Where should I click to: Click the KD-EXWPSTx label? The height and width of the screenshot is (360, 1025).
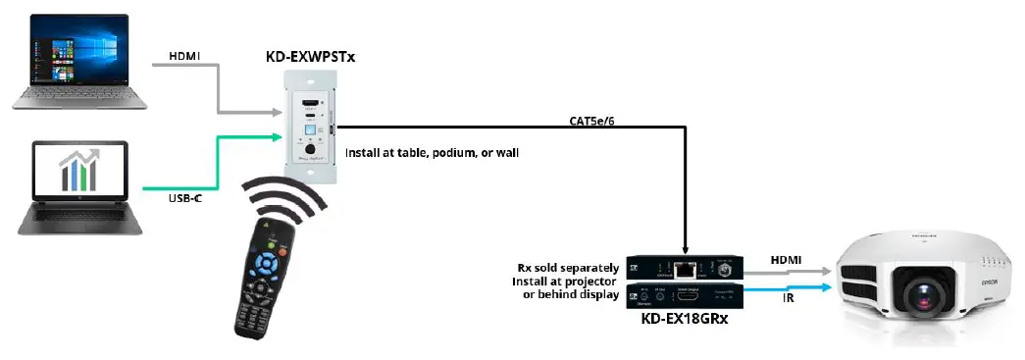click(x=310, y=57)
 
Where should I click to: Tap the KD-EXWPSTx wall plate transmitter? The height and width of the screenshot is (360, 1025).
click(x=310, y=124)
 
